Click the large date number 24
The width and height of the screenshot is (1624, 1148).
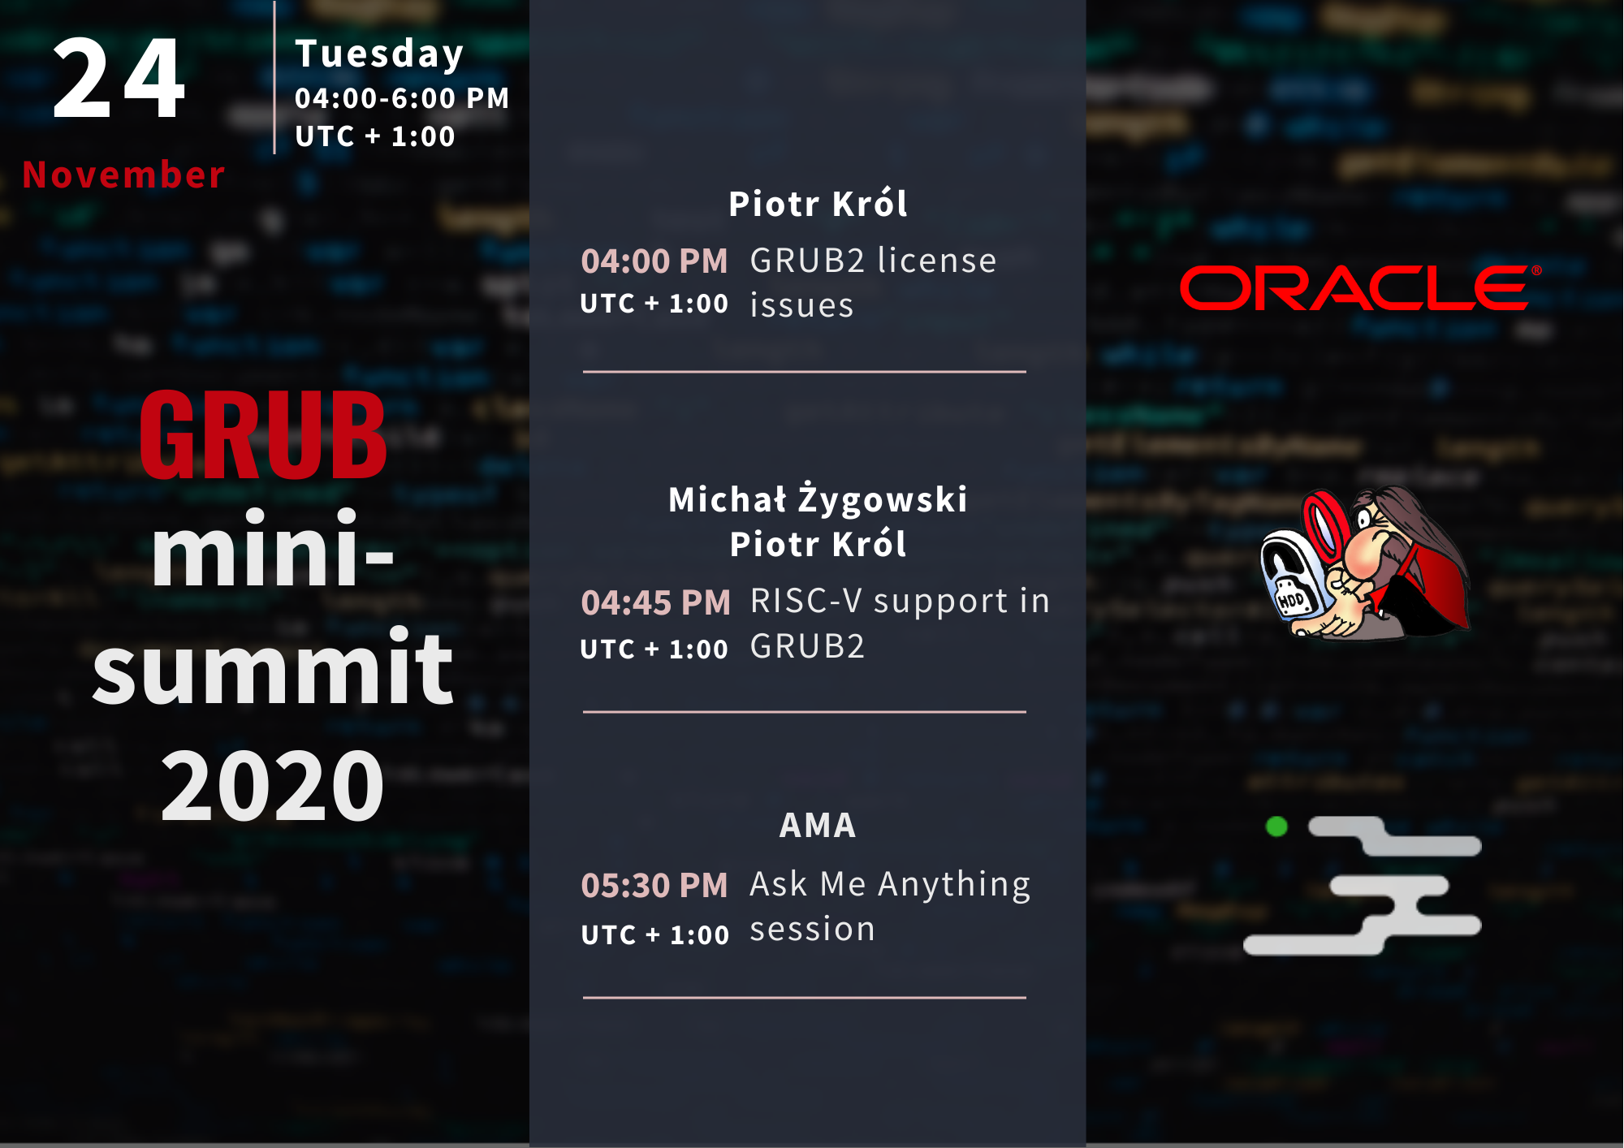tap(119, 79)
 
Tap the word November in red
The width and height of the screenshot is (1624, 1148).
tap(123, 175)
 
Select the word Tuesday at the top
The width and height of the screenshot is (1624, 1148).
tap(379, 54)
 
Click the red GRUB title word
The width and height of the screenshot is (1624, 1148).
tap(263, 434)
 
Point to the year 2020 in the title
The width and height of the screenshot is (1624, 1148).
tap(272, 785)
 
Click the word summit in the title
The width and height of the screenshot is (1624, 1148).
tap(272, 667)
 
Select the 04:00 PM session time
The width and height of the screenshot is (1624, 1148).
tap(654, 261)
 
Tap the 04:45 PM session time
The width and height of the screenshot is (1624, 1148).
tap(656, 603)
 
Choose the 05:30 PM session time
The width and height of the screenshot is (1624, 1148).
tap(654, 886)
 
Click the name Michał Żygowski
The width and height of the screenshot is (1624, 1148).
tap(818, 498)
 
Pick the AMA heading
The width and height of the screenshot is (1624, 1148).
tap(818, 826)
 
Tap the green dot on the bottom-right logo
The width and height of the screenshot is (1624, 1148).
tap(1276, 826)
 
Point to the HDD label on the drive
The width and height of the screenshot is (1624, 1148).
tap(1290, 601)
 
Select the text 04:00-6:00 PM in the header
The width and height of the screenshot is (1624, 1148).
tap(402, 98)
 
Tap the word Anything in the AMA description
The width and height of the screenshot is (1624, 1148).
tap(954, 885)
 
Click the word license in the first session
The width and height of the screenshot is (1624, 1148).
tap(937, 261)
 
